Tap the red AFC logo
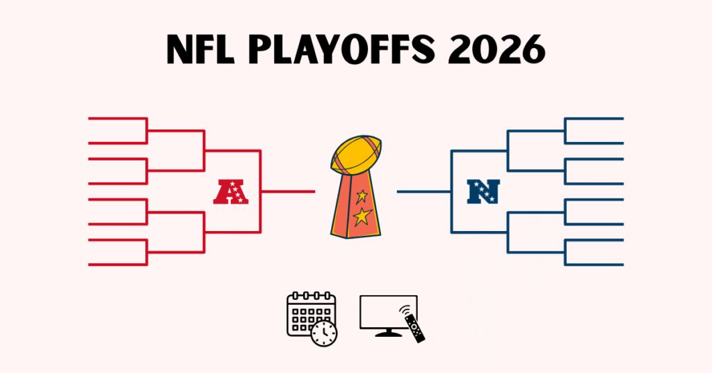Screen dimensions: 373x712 [231, 191]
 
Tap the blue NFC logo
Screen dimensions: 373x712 [483, 191]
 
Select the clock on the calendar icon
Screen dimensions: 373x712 [324, 333]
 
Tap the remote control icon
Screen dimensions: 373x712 [416, 328]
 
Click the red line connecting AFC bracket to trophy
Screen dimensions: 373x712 [288, 191]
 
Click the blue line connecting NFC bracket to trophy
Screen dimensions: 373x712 [424, 191]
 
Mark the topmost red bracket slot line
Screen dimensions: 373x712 [117, 118]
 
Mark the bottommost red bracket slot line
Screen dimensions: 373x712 [117, 265]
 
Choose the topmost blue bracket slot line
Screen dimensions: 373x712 [594, 118]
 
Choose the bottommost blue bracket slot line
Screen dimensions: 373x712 [594, 265]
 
